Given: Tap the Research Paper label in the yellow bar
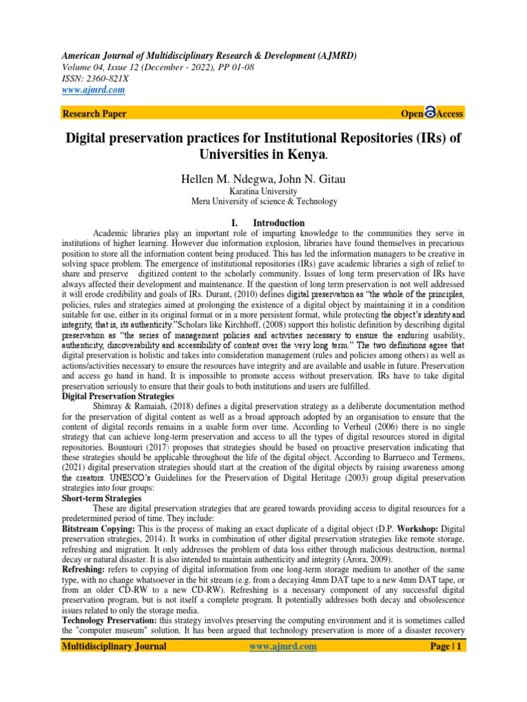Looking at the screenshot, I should click(94, 113).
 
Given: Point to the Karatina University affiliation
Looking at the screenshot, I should click(263, 191).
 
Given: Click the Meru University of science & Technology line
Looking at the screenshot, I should click(263, 202).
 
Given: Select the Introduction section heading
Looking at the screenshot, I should click(279, 223).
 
